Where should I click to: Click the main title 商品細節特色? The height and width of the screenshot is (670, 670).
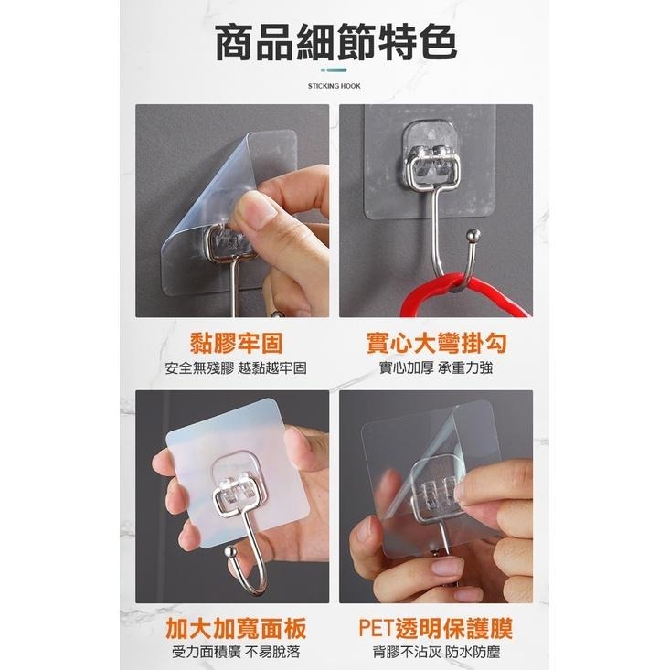tap(335, 41)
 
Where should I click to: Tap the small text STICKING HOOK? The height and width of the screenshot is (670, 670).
tap(335, 86)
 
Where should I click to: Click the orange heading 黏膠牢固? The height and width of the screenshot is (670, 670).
tap(237, 343)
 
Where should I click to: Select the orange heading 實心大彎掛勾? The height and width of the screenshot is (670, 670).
tap(436, 343)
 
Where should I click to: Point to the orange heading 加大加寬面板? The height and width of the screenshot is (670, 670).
tap(237, 628)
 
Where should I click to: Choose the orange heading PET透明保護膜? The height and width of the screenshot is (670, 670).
tap(436, 628)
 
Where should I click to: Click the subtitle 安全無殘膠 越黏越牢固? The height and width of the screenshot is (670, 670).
tap(236, 367)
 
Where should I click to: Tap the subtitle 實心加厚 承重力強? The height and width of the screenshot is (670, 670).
tap(436, 367)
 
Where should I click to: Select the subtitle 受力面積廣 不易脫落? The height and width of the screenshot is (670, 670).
tap(236, 652)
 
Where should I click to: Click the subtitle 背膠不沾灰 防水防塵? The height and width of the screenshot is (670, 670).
tap(436, 652)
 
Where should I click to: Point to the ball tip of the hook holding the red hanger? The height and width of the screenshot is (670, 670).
tap(473, 235)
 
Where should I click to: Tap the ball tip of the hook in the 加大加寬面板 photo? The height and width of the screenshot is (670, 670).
tap(231, 552)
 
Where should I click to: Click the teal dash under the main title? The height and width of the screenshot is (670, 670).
tap(334, 69)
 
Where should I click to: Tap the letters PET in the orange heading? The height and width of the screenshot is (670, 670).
tap(376, 628)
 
